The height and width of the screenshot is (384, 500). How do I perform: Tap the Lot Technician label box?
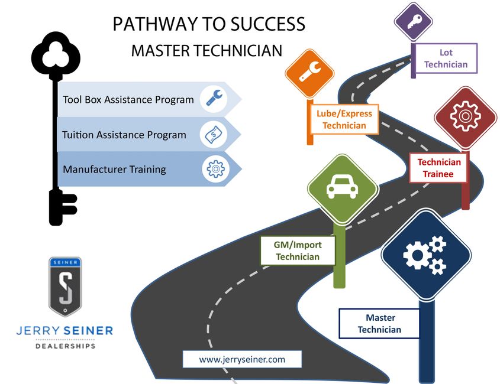pos(446,58)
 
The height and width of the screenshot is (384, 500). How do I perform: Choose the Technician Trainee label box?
pos(438,168)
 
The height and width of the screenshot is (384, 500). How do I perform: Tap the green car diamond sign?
pos(343,189)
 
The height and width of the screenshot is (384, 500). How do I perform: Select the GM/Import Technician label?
pos(298,251)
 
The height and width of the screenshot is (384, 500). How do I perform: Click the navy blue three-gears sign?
pos(425,255)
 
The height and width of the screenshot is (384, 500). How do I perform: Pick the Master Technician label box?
pos(379,324)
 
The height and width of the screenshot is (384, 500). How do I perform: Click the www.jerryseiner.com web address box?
pos(242,359)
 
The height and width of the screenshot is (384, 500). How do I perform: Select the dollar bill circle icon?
pos(213,135)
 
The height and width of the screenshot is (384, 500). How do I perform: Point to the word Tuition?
pos(79,135)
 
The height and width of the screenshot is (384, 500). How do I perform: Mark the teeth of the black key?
pos(67,209)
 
